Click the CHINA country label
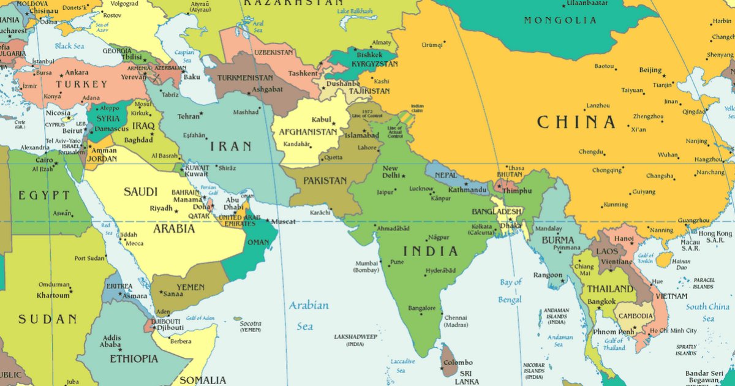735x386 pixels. pyautogui.click(x=576, y=123)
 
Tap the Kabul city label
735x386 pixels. pyautogui.click(x=321, y=119)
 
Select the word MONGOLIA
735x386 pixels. pyautogui.click(x=560, y=21)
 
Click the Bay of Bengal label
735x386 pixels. pyautogui.click(x=510, y=291)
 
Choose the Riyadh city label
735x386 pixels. pyautogui.click(x=161, y=208)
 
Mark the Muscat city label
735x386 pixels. pyautogui.click(x=283, y=221)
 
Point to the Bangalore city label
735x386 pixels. pyautogui.click(x=421, y=308)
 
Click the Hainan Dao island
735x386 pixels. pyautogui.click(x=663, y=260)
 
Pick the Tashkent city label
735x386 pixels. pyautogui.click(x=303, y=74)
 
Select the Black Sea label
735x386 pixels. pyautogui.click(x=69, y=47)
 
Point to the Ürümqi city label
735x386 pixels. pyautogui.click(x=431, y=45)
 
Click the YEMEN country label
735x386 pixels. pyautogui.click(x=190, y=287)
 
